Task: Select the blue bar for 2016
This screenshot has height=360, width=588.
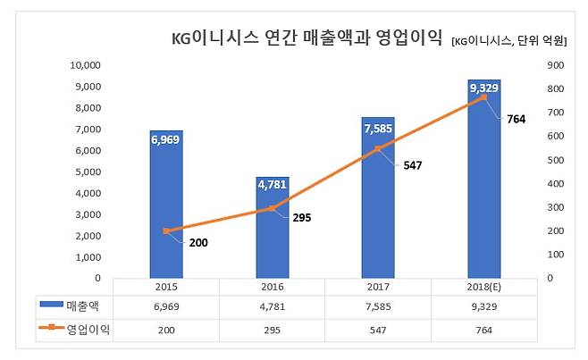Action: [x=272, y=227]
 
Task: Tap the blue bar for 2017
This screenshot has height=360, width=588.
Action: [x=377, y=197]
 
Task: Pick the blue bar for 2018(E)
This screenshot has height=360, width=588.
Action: [x=483, y=179]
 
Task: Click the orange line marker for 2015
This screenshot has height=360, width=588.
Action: [x=166, y=231]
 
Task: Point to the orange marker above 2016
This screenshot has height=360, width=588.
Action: [x=272, y=208]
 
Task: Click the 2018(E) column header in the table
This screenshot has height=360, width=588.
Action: [x=483, y=288]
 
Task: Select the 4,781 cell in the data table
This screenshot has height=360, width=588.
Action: [x=272, y=306]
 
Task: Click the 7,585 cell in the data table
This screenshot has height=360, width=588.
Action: [x=377, y=306]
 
